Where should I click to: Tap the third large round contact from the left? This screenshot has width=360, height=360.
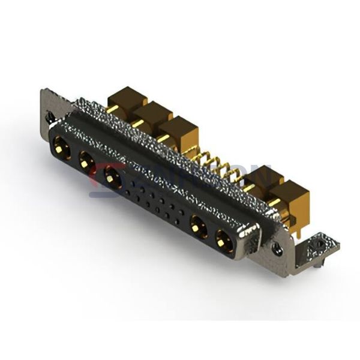coord(112,176)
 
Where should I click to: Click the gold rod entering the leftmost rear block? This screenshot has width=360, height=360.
coord(112,109)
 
